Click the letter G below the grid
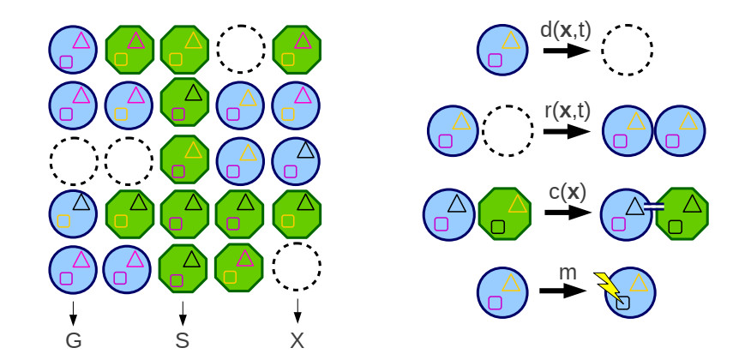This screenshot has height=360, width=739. click(74, 340)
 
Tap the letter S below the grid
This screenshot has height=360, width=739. click(182, 340)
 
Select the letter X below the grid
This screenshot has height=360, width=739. click(297, 340)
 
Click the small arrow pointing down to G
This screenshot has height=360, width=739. click(74, 312)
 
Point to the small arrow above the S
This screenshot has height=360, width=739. click(182, 312)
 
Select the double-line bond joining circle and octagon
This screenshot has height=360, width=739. click(654, 206)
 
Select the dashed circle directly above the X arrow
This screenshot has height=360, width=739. click(297, 267)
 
